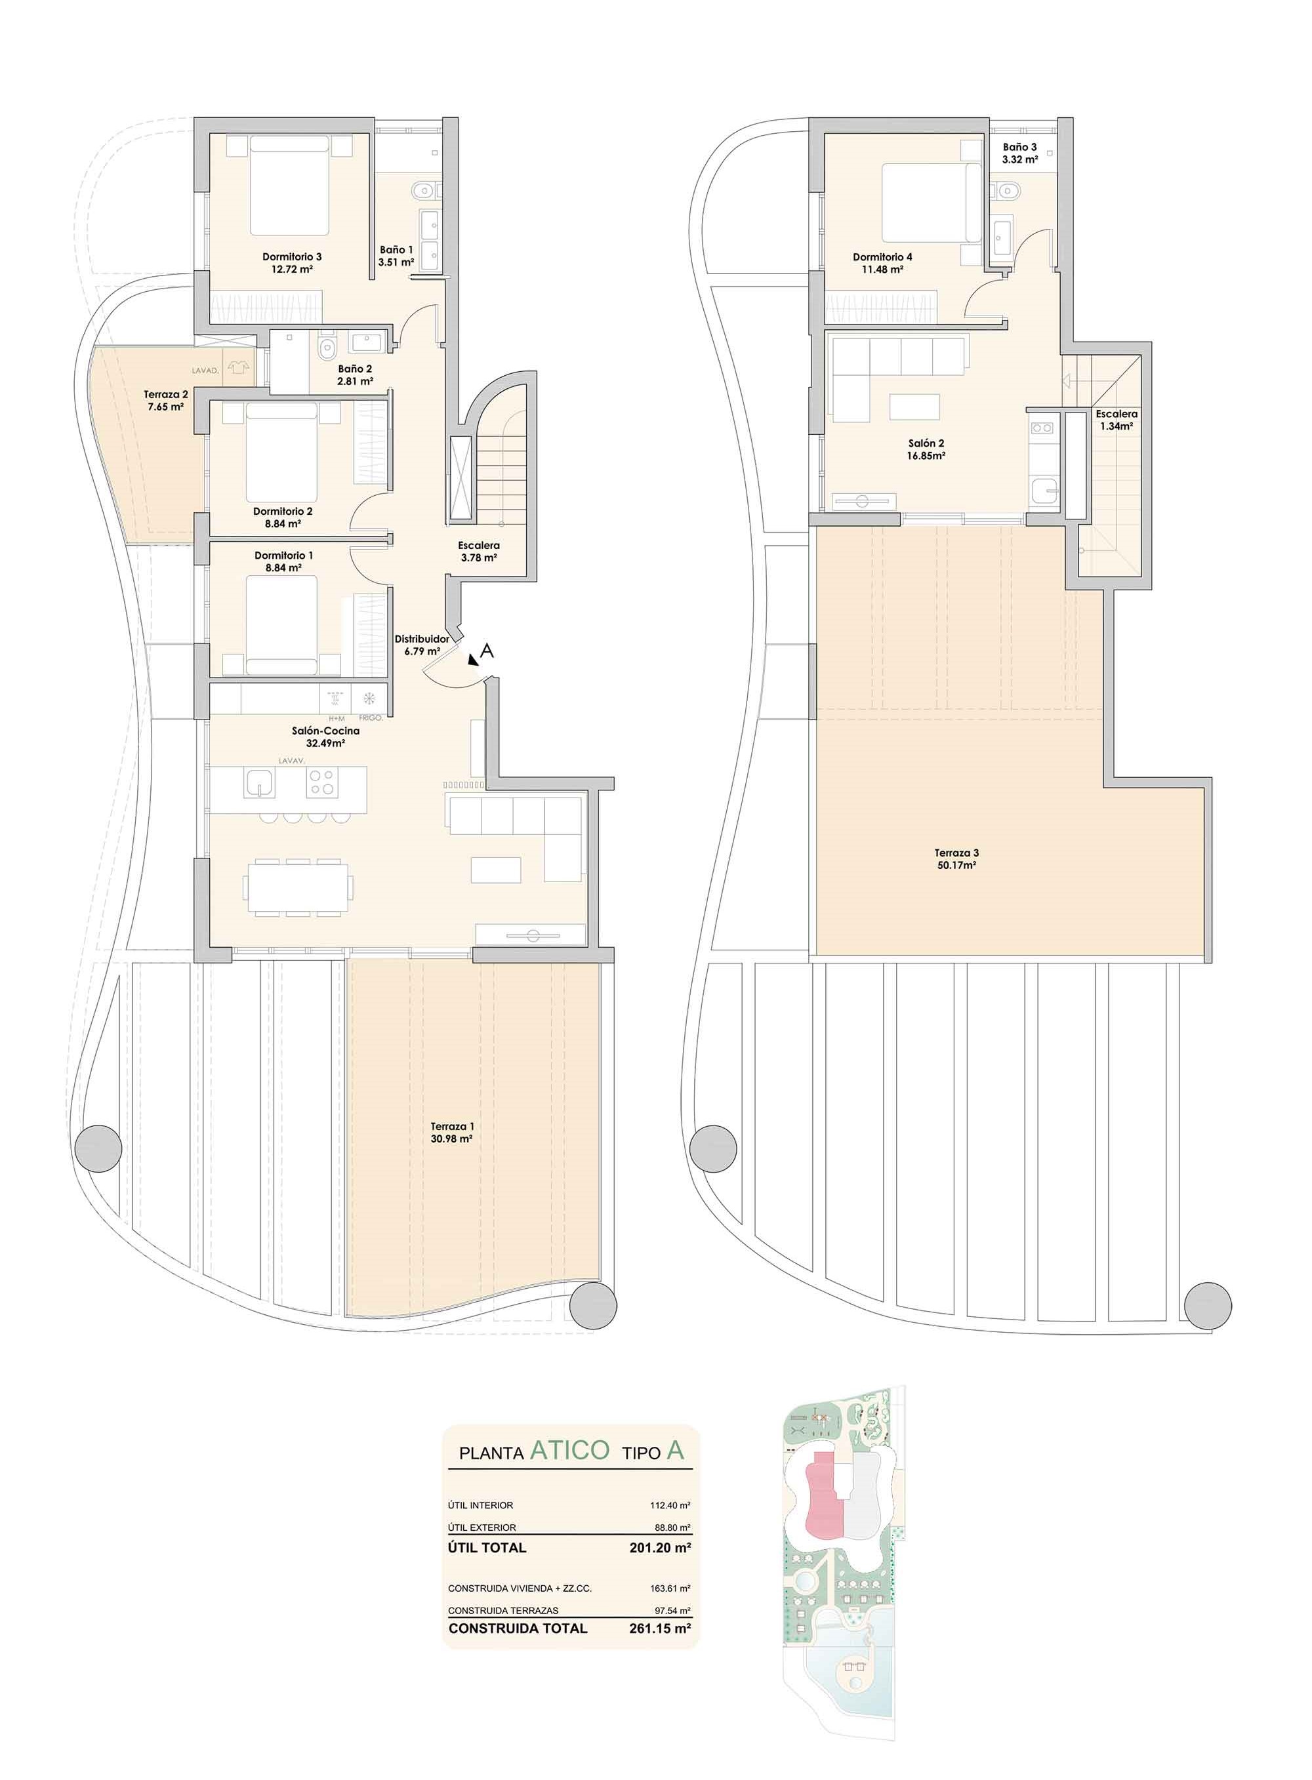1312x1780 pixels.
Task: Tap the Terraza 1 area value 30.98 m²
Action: pos(451,1139)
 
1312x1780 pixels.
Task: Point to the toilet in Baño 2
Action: pos(327,346)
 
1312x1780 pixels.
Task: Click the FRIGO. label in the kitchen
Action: pos(371,718)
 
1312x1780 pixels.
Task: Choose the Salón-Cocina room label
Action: pos(325,731)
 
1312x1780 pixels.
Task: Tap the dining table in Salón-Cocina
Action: pos(300,887)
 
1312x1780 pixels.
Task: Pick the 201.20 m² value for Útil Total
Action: pos(659,1547)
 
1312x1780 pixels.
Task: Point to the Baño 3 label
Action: pos(1019,147)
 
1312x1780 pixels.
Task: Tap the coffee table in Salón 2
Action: pos(915,407)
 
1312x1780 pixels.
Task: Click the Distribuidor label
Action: pos(422,638)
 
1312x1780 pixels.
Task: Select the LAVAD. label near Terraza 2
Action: pos(205,371)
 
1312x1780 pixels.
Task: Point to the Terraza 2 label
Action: pos(165,394)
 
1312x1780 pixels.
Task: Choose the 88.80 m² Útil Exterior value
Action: pos(670,1527)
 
